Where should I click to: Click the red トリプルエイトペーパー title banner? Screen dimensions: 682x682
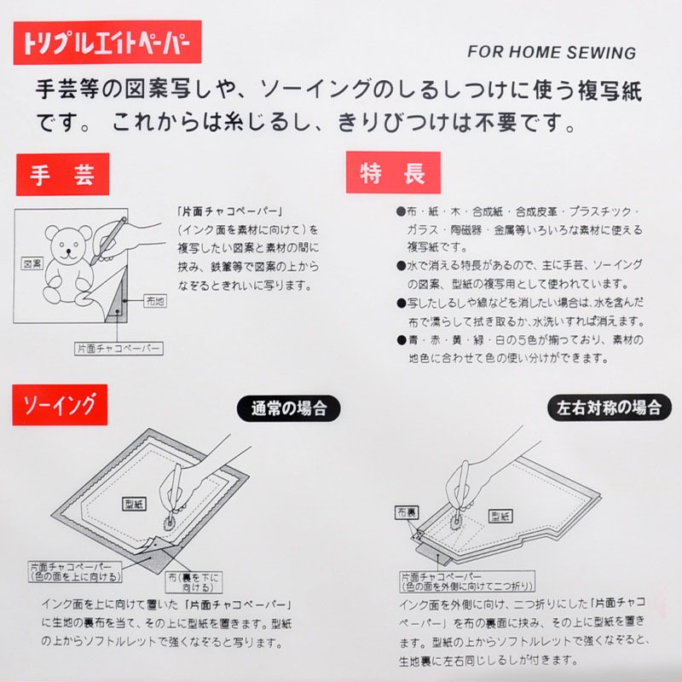pos(107,42)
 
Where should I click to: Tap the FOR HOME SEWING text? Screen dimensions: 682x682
pos(552,52)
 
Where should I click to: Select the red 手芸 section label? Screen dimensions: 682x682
pos(62,175)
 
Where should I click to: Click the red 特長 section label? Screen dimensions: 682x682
pos(393,173)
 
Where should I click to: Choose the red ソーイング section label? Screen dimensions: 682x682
pos(60,405)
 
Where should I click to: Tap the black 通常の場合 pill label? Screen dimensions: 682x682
pos(289,408)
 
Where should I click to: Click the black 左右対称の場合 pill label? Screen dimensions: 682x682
pos(610,407)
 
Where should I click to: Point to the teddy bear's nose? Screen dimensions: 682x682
pos(68,251)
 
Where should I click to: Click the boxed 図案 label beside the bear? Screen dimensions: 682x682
pos(32,263)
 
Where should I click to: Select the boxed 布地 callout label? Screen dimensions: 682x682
pos(155,301)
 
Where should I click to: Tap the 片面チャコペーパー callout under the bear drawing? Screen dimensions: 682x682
pos(118,349)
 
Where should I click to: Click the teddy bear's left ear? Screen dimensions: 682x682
pos(52,233)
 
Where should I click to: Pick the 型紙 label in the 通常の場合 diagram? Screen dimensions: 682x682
pos(134,504)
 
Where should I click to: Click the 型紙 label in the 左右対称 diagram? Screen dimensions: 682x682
pos(500,517)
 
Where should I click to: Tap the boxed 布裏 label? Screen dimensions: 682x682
pos(407,512)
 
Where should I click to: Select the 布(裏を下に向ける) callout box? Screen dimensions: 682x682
pos(194,582)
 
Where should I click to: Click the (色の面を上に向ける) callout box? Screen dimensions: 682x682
pos(75,572)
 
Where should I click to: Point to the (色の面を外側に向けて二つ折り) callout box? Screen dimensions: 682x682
pos(467,582)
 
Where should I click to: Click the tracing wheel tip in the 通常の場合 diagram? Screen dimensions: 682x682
pos(169,524)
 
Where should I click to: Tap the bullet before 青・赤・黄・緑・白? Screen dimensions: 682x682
pos(401,340)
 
